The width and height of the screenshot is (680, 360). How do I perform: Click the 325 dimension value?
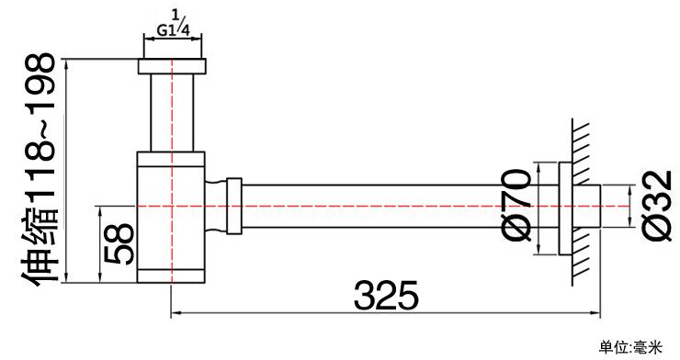point(386,295)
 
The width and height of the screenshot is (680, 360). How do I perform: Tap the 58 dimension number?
point(119,243)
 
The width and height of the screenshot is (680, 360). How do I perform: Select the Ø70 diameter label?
point(516,206)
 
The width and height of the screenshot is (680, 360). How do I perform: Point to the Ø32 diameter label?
point(656,206)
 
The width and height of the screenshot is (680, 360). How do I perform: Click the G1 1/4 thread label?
point(173,26)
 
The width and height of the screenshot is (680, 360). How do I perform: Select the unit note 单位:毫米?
point(631,347)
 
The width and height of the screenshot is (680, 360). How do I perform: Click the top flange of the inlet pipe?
point(172,66)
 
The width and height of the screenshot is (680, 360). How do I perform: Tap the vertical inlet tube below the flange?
point(172,113)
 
